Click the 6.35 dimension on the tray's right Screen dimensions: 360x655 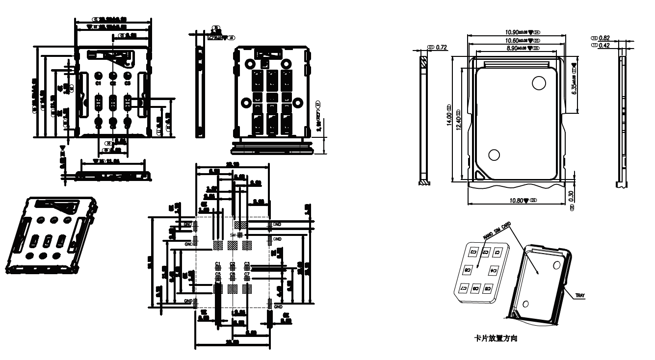coord(574,84)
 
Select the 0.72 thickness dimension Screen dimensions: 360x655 coord(442,47)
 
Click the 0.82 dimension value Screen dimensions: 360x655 coord(604,38)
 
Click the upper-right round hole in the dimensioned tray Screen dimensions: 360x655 coord(539,83)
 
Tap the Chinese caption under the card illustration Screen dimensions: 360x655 coord(498,338)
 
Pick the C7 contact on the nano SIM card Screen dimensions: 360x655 coord(462,288)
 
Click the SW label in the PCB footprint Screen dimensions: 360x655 coord(233,235)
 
